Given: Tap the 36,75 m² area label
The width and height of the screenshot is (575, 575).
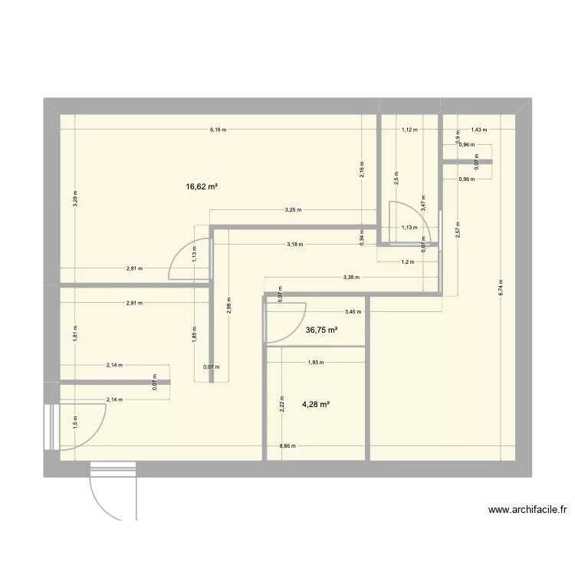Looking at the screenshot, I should (322, 330).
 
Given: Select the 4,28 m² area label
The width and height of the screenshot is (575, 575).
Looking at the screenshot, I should (314, 404).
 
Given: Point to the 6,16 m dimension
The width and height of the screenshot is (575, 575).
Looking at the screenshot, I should (219, 130).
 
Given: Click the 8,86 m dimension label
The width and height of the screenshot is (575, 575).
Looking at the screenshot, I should (288, 445).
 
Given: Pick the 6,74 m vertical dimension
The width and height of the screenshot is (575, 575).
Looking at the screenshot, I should (501, 282).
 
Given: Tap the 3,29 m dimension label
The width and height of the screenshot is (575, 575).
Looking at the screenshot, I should (75, 199).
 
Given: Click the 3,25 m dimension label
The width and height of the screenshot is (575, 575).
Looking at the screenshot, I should (293, 210).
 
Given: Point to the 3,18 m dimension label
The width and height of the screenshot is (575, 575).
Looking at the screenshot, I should (294, 245).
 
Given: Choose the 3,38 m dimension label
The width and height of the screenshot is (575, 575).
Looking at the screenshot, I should (351, 277).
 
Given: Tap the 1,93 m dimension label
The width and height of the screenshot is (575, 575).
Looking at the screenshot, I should (314, 363).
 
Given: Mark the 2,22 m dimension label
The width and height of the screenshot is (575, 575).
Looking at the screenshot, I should (281, 403).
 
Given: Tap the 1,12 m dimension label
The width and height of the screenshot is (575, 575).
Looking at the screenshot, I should (409, 130).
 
